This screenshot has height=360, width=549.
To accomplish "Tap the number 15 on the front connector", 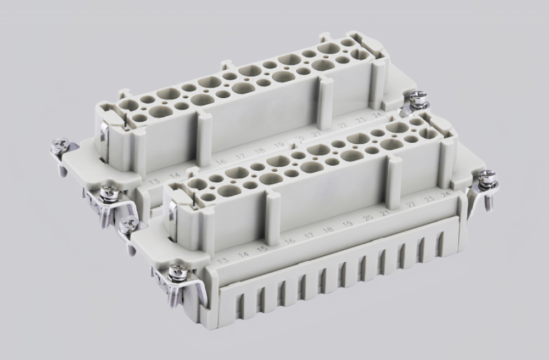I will coord(263,249).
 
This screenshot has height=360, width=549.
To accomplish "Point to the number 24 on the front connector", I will coord(446,193).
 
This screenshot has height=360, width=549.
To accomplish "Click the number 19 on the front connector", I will coord(348,224).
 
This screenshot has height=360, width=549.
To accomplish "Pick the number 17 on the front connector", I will coord(310,235).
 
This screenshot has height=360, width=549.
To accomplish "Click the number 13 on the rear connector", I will coord(154,182).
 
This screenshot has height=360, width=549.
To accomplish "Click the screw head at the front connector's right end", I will coord(485,177).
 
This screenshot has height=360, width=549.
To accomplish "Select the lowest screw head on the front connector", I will coord(176,272).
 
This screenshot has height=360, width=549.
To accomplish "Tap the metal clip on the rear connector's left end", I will coord(104,132).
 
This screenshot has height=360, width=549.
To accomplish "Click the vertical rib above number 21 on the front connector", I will coord(394,175).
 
